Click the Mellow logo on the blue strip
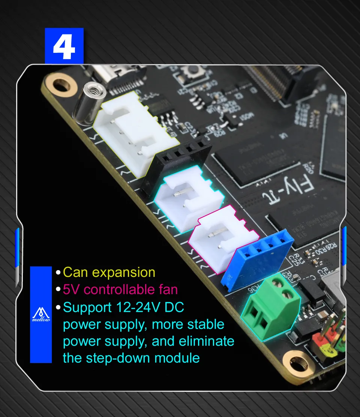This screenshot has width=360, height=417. click(41, 315)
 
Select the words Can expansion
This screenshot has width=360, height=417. click(109, 272)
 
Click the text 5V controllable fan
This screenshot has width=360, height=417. click(120, 290)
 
